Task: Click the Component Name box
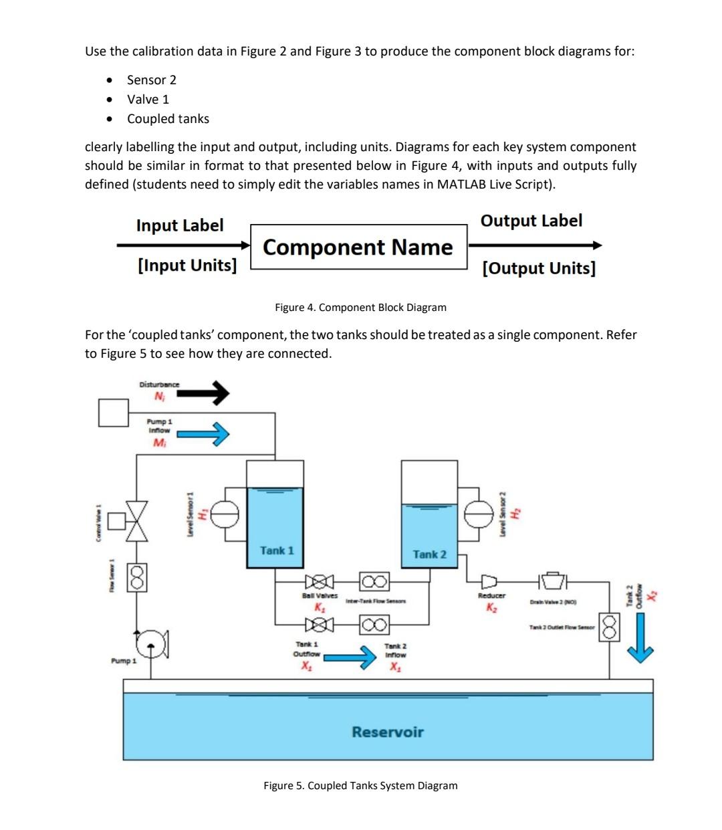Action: click(x=358, y=247)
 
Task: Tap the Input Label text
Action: click(x=180, y=225)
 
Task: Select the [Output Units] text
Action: click(x=538, y=268)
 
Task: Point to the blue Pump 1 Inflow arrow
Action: click(x=203, y=434)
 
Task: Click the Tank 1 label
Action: click(x=276, y=550)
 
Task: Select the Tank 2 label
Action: click(x=429, y=554)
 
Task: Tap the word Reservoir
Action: click(x=388, y=732)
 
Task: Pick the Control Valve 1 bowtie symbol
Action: click(x=137, y=520)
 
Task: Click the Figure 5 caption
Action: click(x=360, y=785)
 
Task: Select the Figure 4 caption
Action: click(x=360, y=307)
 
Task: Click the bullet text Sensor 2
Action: click(x=152, y=80)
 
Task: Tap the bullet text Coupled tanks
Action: click(x=168, y=119)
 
